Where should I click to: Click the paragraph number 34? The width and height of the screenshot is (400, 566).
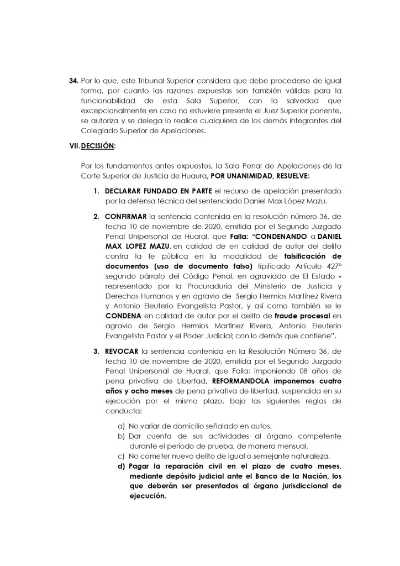click(x=73, y=81)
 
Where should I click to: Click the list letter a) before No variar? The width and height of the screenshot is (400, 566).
click(x=120, y=426)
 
